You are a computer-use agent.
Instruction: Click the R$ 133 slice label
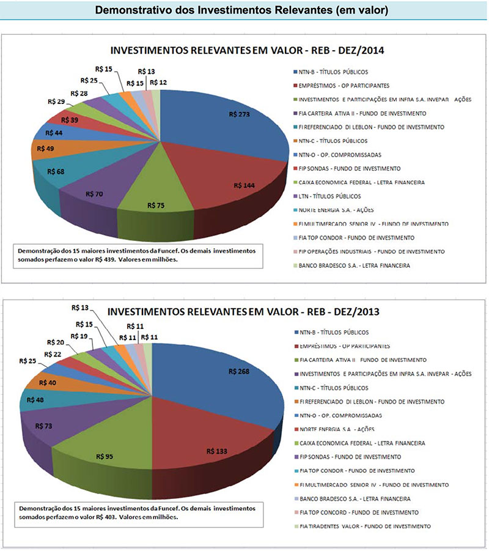(218, 451)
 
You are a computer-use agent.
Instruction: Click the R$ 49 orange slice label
(46, 148)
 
